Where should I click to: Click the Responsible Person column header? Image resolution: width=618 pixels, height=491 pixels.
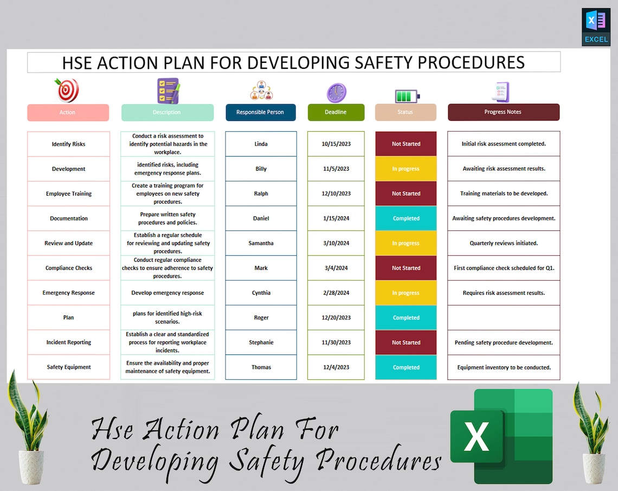coord(260,112)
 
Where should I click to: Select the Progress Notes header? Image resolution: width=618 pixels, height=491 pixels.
coord(503,112)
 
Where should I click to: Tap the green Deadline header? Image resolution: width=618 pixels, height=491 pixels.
coord(336,112)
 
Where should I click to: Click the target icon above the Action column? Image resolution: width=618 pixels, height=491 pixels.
coord(67,90)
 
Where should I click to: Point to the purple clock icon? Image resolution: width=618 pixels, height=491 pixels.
coord(336,92)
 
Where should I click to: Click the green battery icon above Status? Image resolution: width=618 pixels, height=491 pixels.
coord(406,96)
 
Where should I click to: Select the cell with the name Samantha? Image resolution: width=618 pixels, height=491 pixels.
coord(261,243)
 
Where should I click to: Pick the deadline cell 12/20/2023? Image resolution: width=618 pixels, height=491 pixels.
coord(336,318)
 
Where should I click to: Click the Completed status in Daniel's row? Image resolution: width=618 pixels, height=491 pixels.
coord(405,218)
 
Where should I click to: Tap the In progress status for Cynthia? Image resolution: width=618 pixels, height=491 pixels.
coord(405,293)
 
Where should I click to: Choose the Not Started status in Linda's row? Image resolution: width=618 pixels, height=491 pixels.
coord(405,144)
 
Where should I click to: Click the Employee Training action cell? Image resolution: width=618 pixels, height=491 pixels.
coord(68,193)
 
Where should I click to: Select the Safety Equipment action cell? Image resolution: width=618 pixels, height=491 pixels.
coord(68,367)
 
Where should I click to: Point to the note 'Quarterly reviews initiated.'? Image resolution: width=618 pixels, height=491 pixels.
coord(504,243)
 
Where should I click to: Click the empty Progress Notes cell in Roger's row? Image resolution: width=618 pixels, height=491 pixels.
coord(504,318)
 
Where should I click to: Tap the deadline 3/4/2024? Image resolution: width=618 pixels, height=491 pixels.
coord(336,268)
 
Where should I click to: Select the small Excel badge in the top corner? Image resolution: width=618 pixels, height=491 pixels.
coord(596,27)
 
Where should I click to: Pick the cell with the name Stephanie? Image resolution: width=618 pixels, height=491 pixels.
coord(261,343)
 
